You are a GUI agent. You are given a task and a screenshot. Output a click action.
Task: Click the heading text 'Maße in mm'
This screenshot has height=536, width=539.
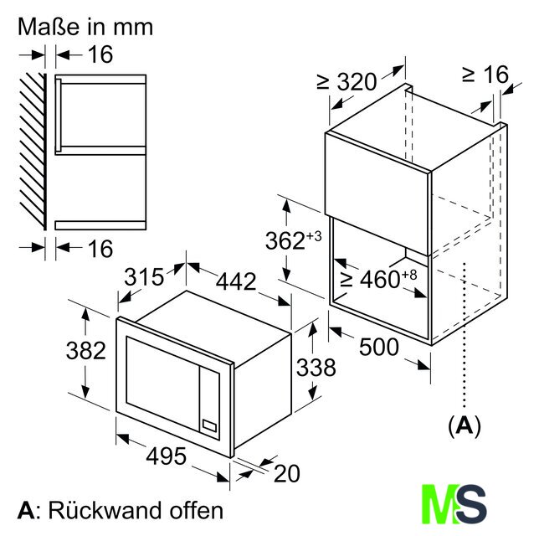click(x=85, y=27)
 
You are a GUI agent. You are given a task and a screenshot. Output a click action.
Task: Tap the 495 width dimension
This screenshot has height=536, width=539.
click(x=166, y=456)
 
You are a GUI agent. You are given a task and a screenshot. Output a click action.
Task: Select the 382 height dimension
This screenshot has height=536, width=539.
click(x=86, y=351)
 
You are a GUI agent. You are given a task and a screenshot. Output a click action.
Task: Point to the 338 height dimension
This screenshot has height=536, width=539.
click(x=316, y=368)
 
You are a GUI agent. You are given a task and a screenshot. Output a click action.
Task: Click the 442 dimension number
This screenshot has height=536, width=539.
click(x=236, y=281)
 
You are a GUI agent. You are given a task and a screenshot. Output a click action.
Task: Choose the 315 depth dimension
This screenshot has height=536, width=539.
click(x=144, y=277)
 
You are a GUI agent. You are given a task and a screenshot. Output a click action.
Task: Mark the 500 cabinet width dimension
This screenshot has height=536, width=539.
click(x=379, y=347)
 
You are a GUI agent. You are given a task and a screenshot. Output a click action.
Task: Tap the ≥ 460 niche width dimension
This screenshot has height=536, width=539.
click(x=378, y=279)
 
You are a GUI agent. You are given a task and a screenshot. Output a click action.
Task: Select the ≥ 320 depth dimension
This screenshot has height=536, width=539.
click(x=347, y=82)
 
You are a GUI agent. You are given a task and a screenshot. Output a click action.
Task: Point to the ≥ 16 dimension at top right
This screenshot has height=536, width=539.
click(x=485, y=75)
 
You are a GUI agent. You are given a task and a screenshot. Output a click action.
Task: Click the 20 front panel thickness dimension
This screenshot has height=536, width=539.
click(x=287, y=473)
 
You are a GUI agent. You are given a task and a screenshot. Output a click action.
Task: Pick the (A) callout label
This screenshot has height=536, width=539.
click(x=464, y=426)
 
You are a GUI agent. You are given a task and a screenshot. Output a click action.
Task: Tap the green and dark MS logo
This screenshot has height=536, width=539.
click(x=454, y=504)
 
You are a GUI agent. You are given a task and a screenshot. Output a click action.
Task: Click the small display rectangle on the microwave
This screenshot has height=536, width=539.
click(x=209, y=425)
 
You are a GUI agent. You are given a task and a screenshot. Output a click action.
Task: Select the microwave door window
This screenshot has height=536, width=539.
click(x=163, y=382)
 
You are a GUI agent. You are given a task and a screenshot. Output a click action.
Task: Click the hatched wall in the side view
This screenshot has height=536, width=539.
click(x=33, y=152)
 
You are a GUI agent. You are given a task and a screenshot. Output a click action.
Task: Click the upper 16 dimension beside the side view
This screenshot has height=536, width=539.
click(x=100, y=54)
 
